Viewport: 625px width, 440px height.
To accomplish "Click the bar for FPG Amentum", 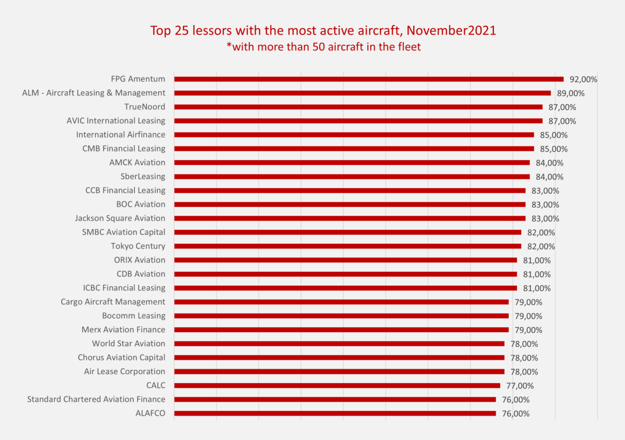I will [x=369, y=79].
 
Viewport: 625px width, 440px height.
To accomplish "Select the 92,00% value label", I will [x=583, y=80].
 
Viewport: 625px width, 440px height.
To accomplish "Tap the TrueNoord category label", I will [x=145, y=107].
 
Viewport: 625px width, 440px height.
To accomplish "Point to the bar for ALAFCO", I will [x=335, y=413].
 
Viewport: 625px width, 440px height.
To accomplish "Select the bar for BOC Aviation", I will [x=349, y=204].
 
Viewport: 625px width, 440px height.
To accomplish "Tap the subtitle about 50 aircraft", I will [x=323, y=46].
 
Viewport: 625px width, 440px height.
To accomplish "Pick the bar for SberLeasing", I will [x=352, y=177].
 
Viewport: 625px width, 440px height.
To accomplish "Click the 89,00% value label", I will [x=570, y=94].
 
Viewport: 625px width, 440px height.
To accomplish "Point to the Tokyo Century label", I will [x=138, y=246].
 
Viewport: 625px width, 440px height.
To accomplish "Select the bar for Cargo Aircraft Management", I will [x=341, y=301].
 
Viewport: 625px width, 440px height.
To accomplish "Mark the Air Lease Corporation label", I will [x=124, y=371].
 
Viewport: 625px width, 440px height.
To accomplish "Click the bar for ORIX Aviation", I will [x=345, y=260].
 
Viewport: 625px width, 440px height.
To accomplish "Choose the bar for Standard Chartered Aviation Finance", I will [x=335, y=399].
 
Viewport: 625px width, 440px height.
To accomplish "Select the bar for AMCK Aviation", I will [x=352, y=162].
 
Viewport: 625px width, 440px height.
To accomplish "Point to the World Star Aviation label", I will [x=129, y=344].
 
